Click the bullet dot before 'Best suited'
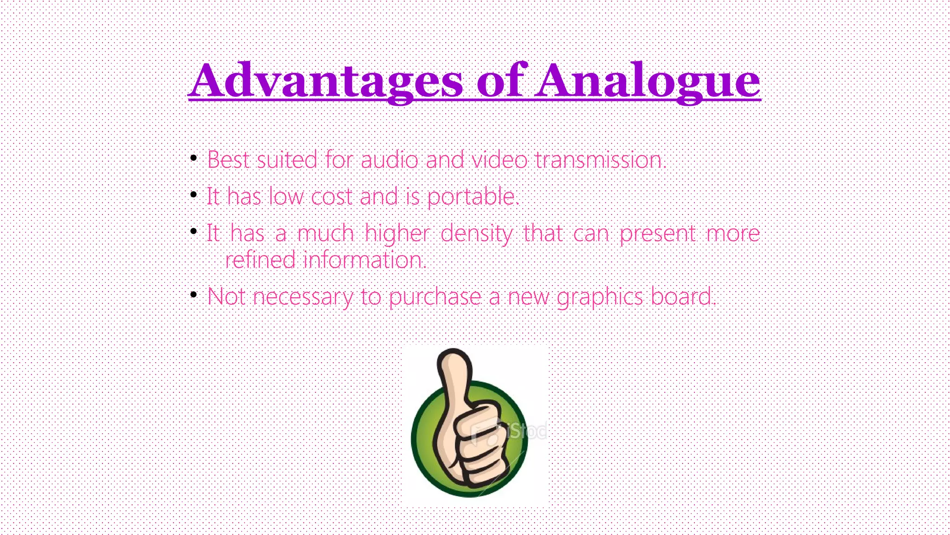click(x=194, y=159)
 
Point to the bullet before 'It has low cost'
click(x=194, y=195)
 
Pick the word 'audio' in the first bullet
click(x=389, y=160)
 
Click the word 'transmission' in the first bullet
click(x=599, y=160)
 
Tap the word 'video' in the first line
click(x=499, y=160)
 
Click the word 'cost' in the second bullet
click(x=331, y=197)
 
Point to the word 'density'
click(x=476, y=234)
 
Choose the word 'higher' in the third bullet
click(x=398, y=234)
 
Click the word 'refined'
click(x=260, y=260)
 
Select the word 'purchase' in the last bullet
click(x=435, y=297)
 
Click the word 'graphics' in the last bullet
click(x=600, y=297)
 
